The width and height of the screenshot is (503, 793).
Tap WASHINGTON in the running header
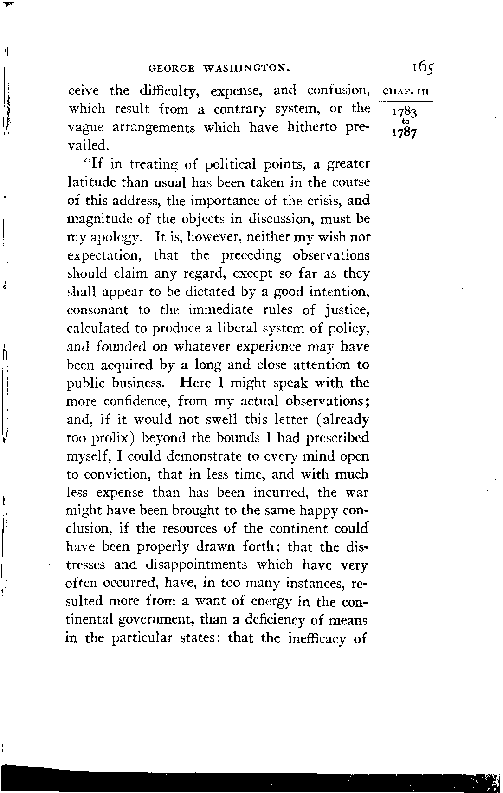click(247, 69)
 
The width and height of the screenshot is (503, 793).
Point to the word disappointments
click(197, 565)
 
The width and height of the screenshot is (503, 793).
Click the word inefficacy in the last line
click(317, 638)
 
